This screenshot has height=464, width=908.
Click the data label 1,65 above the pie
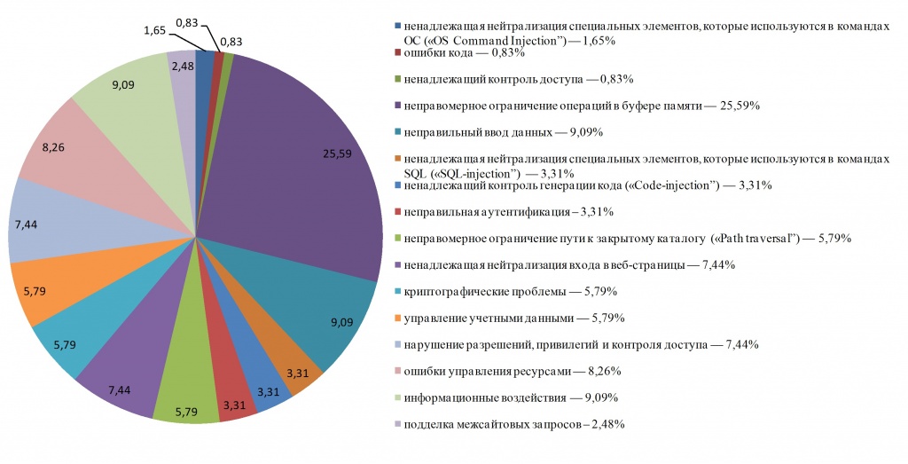153,28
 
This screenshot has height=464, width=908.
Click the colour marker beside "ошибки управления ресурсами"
398,370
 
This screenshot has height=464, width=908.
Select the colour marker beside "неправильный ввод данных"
398,131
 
